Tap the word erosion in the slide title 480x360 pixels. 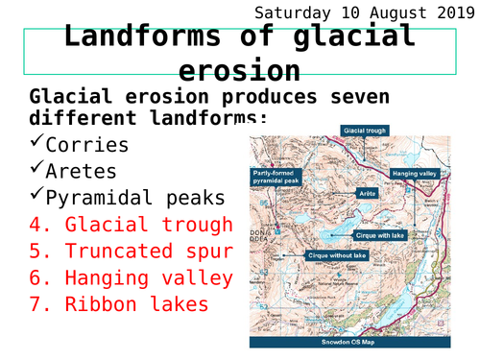coord(238,71)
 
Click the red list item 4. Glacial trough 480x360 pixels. coord(131,225)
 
